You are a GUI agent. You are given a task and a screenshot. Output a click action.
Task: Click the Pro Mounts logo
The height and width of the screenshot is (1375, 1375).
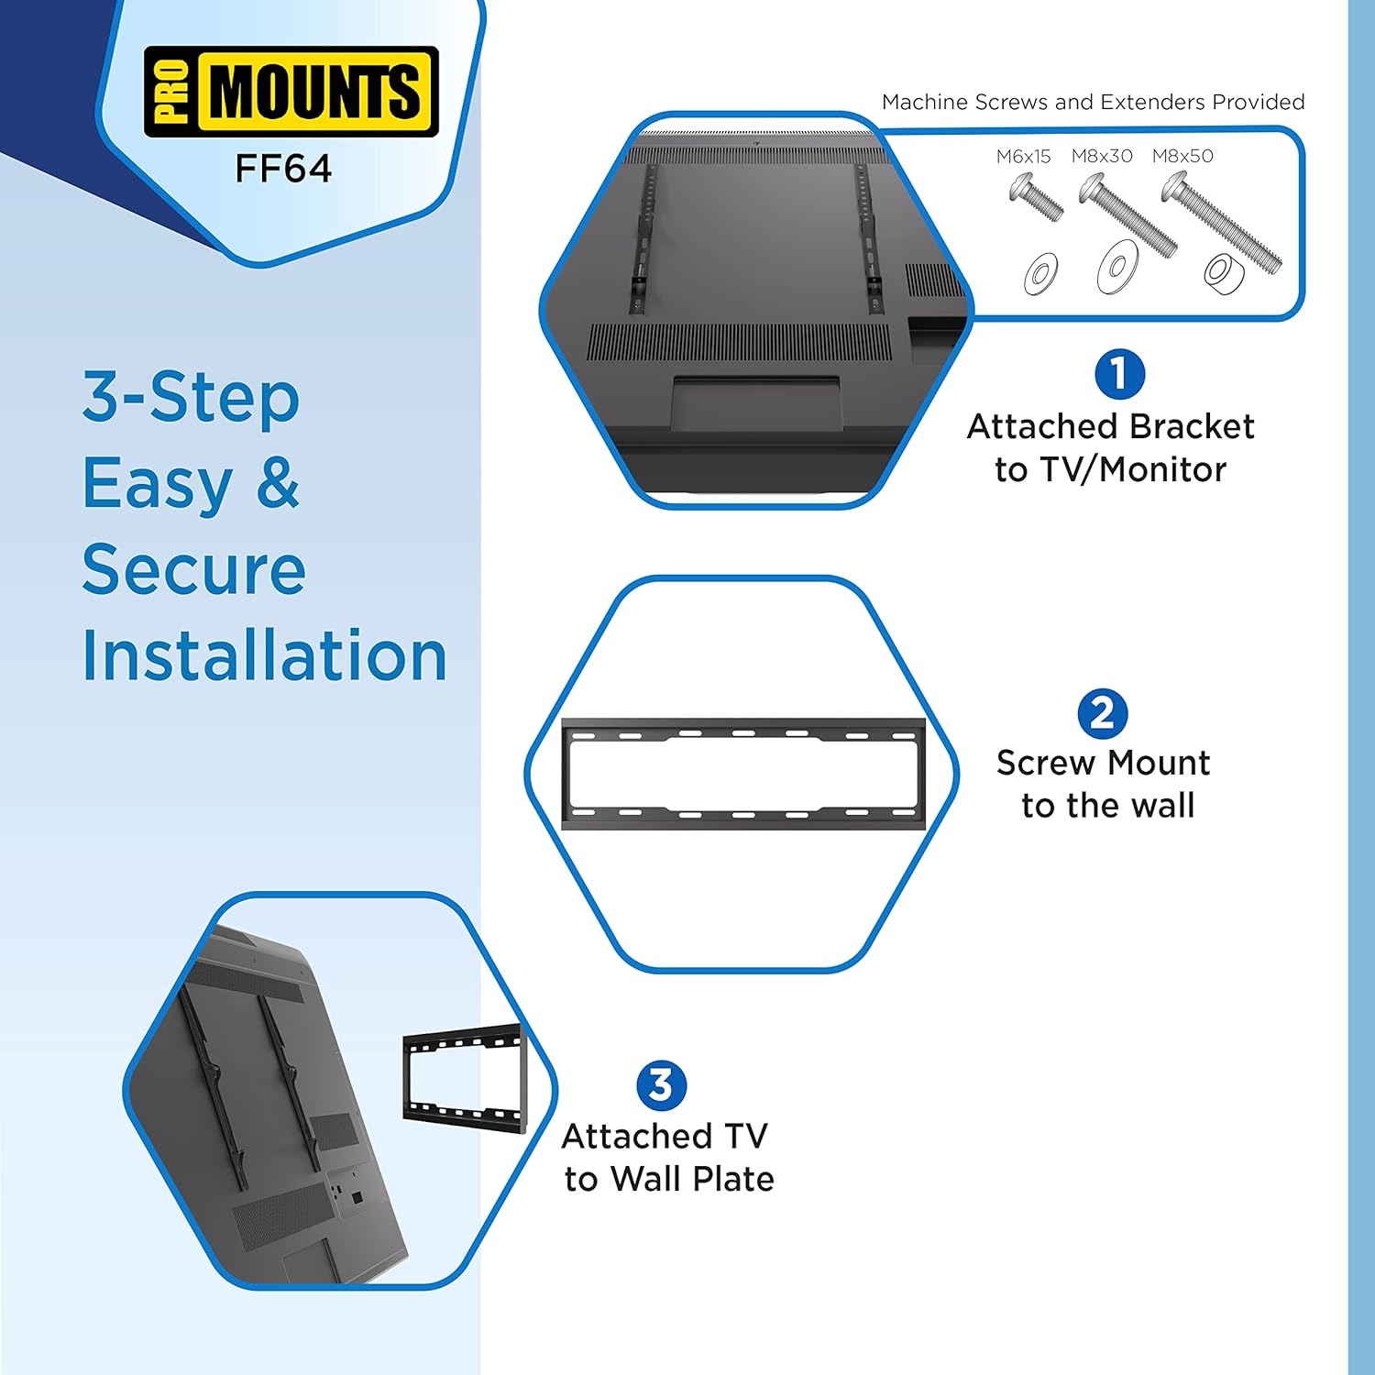click(291, 92)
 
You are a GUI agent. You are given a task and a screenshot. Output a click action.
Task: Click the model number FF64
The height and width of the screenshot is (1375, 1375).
click(283, 169)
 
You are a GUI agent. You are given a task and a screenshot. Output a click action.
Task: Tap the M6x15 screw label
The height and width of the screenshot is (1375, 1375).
click(1023, 157)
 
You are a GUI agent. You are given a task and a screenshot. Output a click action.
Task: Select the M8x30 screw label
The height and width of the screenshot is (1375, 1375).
click(1102, 157)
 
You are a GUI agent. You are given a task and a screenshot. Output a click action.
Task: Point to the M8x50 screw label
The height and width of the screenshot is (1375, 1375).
click(1182, 157)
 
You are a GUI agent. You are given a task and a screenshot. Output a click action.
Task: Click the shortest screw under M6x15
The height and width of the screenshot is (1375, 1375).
click(1036, 197)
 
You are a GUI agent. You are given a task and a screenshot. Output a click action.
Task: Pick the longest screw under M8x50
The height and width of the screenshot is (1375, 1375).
click(1221, 222)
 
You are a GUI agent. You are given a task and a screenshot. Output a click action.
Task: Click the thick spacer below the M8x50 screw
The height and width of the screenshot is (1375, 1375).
click(1224, 274)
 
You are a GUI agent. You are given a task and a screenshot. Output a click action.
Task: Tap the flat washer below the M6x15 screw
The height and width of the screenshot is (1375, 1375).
click(1041, 273)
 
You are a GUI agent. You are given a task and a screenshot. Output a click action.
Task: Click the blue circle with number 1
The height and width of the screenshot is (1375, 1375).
click(1119, 374)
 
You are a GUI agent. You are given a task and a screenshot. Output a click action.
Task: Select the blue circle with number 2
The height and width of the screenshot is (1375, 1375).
click(1102, 713)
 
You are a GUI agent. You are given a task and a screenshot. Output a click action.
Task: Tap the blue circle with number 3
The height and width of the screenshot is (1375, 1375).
click(661, 1085)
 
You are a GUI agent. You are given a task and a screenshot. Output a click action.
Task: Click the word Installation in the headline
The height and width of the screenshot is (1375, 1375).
click(264, 655)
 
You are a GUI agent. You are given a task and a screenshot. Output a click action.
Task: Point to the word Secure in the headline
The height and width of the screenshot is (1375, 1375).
click(193, 569)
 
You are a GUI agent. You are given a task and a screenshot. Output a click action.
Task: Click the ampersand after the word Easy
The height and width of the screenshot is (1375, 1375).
click(278, 483)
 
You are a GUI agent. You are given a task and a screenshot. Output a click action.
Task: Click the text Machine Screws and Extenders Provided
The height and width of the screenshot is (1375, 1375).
click(1093, 102)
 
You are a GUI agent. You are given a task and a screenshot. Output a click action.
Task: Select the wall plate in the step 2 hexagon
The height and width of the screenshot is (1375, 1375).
click(742, 775)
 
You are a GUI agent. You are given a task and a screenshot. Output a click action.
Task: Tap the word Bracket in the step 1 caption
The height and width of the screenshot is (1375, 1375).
click(1192, 427)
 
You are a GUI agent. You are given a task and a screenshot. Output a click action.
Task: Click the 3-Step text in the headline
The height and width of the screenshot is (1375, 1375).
click(191, 398)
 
